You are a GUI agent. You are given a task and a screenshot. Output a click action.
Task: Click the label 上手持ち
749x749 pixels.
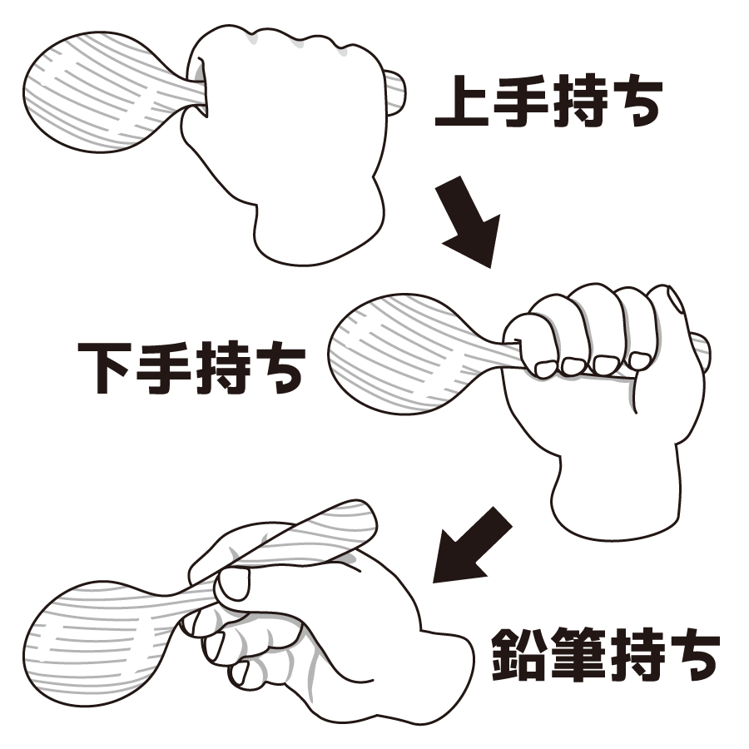[x=548, y=101]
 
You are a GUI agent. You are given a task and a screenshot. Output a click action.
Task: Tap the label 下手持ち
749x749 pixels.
[x=191, y=367]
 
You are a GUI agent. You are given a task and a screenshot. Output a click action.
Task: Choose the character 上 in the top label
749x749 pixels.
[x=461, y=101]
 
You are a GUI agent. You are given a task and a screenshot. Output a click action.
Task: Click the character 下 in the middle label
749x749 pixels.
[x=105, y=367]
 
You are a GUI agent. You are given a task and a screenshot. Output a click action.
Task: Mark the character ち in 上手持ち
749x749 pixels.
[x=638, y=102]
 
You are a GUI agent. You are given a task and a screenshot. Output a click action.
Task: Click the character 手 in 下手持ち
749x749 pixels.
[x=162, y=367]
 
